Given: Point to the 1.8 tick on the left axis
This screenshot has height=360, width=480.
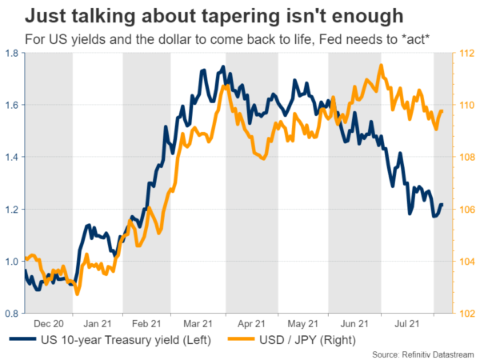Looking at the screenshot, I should coord(14,53).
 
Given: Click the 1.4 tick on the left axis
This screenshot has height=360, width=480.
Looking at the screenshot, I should coord(14,157).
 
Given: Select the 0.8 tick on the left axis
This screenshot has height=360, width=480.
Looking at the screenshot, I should coord(14,314).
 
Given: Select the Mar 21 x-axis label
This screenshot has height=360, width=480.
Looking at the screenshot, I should coord(196,324).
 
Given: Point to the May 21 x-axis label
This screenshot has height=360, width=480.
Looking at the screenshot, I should coord(300,324).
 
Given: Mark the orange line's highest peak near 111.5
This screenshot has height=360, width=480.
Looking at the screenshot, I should coord(382,66).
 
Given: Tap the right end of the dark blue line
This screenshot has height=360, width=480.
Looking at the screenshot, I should coord(442,206).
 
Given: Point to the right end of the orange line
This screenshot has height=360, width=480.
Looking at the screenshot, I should coord(442,111).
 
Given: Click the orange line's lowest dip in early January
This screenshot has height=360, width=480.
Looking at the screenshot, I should coord(78,294).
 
